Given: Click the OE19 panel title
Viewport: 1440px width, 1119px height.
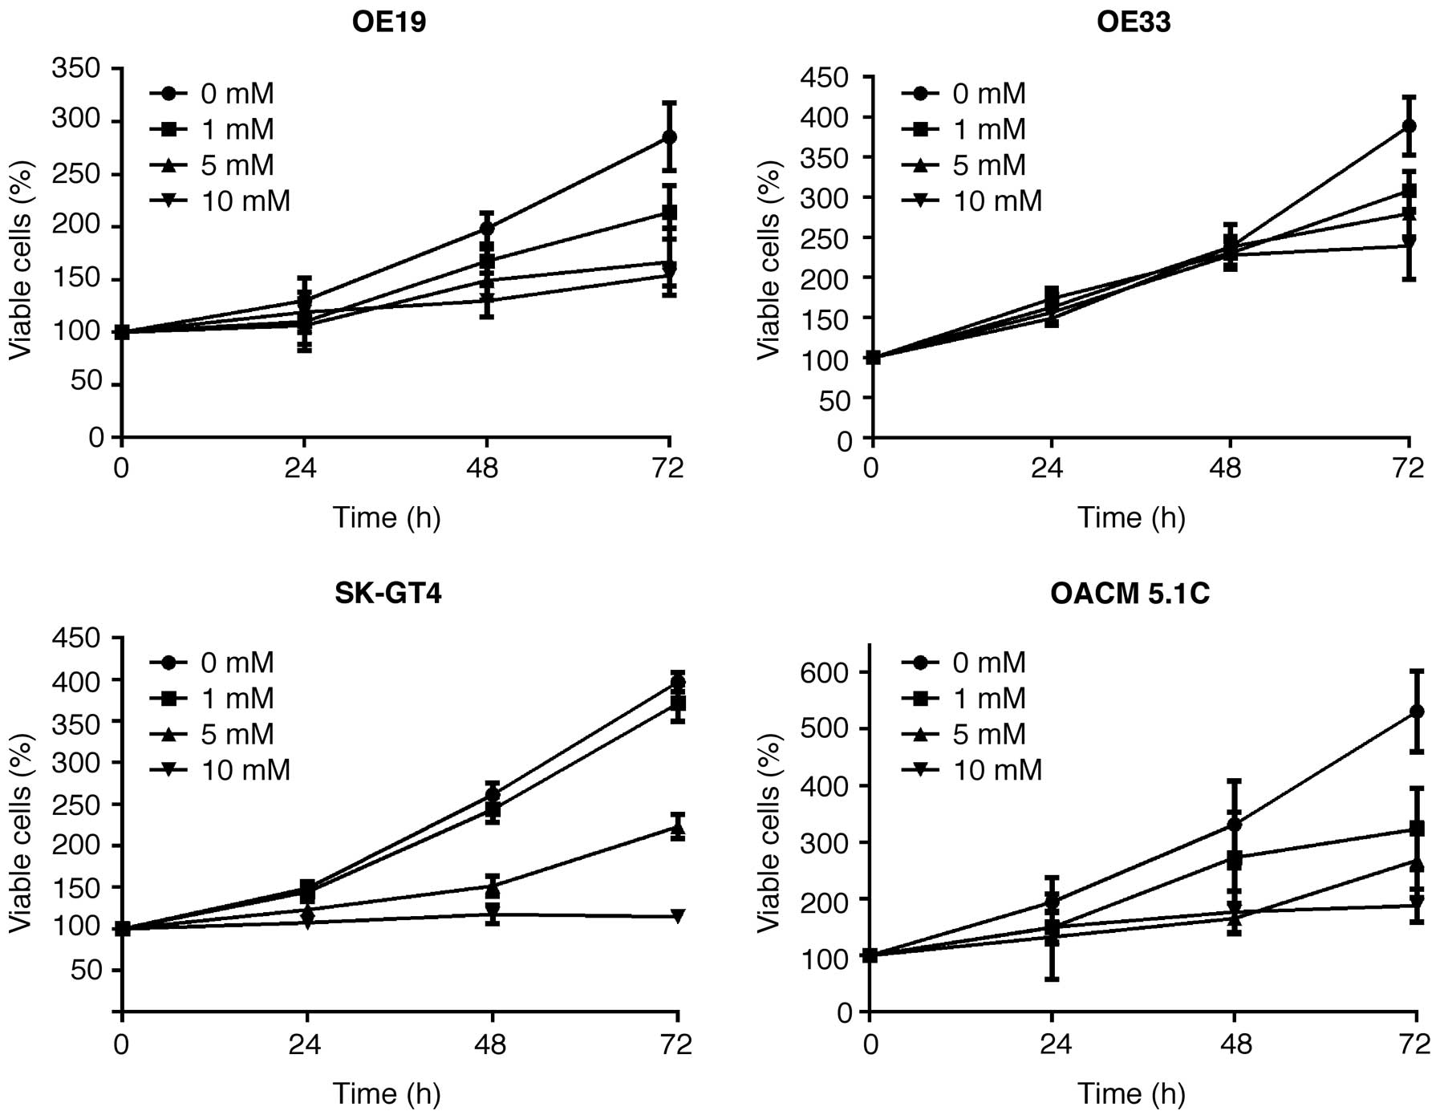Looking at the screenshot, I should (389, 22).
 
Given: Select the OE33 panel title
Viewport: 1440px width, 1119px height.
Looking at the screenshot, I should (1134, 22).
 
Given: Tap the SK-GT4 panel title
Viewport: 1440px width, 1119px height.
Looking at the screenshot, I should (388, 593).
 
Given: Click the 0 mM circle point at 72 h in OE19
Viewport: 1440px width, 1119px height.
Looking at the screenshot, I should (669, 137).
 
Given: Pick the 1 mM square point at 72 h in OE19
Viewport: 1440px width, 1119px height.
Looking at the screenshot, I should (669, 213).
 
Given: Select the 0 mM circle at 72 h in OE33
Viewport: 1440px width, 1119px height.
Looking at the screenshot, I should (1409, 126).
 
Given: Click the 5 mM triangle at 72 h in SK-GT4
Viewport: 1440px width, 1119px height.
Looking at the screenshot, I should (678, 826).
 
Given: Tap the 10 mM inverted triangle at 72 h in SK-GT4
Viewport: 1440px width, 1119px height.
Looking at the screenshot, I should (678, 916).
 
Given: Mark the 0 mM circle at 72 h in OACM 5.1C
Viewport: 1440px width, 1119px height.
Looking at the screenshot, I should (1417, 712).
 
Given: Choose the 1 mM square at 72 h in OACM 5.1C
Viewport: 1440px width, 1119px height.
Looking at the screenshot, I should (1417, 828).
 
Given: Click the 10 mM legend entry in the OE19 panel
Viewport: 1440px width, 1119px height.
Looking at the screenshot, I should (221, 201).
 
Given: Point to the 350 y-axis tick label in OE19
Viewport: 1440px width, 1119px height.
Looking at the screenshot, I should (76, 69).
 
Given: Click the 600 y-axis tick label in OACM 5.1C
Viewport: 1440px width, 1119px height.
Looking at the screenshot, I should (825, 672).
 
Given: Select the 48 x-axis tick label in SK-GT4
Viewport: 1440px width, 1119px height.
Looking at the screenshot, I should (491, 1044).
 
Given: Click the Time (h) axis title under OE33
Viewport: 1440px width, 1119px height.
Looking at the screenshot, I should (1131, 517).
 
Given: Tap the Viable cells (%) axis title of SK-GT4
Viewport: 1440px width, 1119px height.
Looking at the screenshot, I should (22, 834).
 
